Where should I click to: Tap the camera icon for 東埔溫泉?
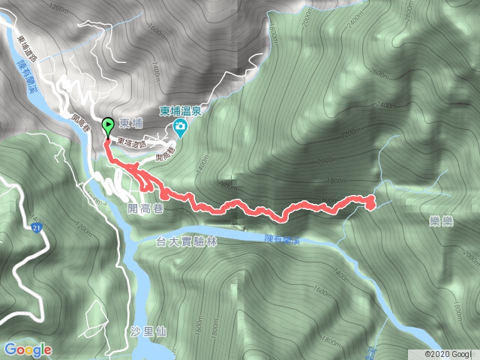click(181, 130)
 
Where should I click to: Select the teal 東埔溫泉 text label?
click(180, 112)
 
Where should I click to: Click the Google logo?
click(27, 349)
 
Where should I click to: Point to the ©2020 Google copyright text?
click(448, 353)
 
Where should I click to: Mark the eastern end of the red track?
click(370, 201)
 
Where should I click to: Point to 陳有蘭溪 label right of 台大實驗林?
click(282, 238)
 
